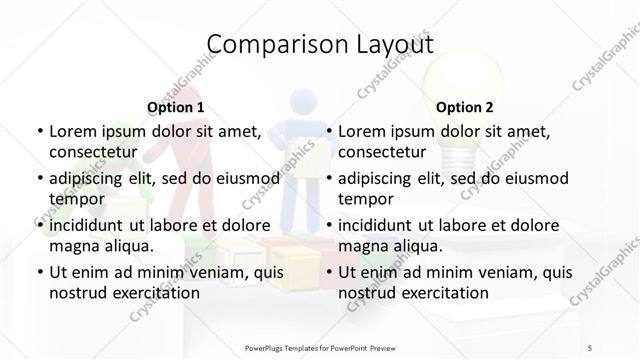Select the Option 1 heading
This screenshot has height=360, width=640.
point(175,107)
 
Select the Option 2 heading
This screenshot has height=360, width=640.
point(464,107)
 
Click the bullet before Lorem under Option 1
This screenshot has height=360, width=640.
point(38,131)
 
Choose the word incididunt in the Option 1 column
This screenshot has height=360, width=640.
point(91,225)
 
